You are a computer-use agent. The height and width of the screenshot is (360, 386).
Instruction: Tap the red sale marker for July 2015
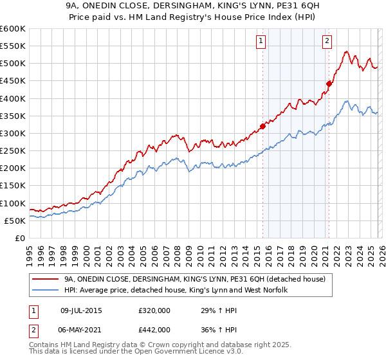[x=262, y=126]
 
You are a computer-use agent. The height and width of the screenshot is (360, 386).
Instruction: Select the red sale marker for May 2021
[x=329, y=84]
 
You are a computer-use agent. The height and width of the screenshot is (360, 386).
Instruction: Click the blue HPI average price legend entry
[x=175, y=290]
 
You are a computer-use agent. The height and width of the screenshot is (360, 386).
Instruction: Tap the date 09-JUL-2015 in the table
[x=81, y=310]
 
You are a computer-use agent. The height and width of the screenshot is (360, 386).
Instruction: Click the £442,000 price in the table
[x=154, y=329]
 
